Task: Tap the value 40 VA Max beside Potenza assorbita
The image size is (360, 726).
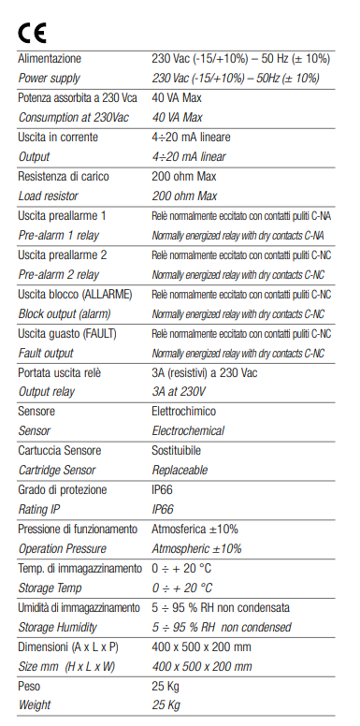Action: click(178, 98)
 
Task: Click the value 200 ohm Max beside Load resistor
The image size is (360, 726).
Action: click(184, 196)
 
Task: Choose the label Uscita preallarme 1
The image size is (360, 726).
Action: click(64, 216)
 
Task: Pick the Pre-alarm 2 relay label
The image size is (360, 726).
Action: click(59, 275)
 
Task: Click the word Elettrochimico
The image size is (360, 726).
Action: click(188, 412)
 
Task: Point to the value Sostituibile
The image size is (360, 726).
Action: click(182, 451)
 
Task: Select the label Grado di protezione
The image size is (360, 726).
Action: click(64, 490)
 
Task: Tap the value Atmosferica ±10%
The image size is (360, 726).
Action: click(195, 530)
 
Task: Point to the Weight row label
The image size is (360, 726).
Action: click(36, 705)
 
